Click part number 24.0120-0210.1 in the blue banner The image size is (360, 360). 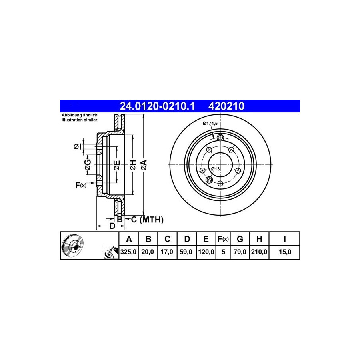157,106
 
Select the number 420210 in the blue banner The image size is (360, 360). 226,106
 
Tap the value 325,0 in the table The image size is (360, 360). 128,252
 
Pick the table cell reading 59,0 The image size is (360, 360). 186,252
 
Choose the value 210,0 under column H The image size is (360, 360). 259,252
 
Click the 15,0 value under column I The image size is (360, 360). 285,252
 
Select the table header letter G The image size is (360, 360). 240,239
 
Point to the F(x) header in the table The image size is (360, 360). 223,239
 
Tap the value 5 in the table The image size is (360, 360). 223,252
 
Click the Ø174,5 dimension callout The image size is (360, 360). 210,124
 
